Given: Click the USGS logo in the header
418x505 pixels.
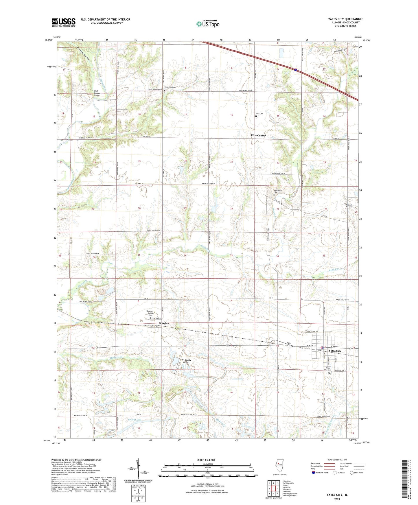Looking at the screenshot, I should [64, 22].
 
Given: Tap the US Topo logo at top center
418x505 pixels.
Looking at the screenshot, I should [208, 24].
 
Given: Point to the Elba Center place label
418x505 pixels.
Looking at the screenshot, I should [258, 135].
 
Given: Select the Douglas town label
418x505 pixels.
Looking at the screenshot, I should [163, 323].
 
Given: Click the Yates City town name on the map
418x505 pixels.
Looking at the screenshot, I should [335, 351].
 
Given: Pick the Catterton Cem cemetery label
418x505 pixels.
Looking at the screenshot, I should [170, 87].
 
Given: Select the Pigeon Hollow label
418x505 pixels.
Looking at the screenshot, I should [84, 54].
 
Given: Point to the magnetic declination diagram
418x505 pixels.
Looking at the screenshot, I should [138, 468].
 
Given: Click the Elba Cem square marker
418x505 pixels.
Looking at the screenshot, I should [256, 117].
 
